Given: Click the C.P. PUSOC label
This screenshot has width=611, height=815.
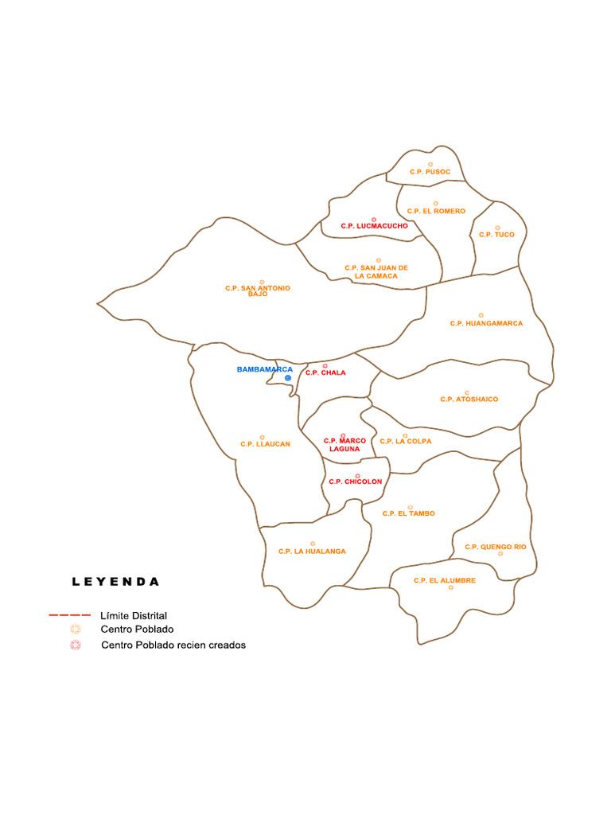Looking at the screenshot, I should point(430,172).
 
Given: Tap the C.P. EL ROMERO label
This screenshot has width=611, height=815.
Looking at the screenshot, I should point(436,211).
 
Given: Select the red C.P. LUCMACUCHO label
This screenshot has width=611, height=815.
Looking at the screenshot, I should point(374,226).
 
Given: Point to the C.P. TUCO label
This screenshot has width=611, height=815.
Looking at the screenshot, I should point(496,235).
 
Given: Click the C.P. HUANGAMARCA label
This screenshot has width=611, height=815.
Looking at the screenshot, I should point(486,323).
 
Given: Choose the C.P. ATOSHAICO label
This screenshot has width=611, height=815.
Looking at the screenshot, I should point(469,399).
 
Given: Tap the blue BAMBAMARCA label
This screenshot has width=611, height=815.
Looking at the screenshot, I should point(265,369).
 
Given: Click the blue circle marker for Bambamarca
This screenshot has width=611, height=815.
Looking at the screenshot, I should point(288,378).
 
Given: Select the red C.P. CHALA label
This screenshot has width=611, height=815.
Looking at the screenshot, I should point(325,372).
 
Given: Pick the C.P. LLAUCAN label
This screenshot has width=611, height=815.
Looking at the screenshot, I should point(265,444).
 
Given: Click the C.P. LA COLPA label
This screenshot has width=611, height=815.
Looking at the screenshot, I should point(406,441).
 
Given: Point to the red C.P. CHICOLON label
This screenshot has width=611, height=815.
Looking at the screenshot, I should point(356,482).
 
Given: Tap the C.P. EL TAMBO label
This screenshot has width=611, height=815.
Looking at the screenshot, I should point(409,513).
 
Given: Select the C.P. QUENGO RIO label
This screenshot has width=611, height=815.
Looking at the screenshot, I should point(496,547).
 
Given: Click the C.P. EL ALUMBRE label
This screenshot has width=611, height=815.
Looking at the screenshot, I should point(445,580).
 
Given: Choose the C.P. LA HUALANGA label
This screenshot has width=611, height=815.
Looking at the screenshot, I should point(312,551).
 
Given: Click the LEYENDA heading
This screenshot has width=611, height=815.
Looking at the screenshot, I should point(115,582).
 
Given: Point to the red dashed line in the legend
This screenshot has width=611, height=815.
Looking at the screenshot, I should point(69,615).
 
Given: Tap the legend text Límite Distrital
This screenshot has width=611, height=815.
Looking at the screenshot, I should point(134,615).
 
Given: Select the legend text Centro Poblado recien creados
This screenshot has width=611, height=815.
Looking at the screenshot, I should point(173,645).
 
